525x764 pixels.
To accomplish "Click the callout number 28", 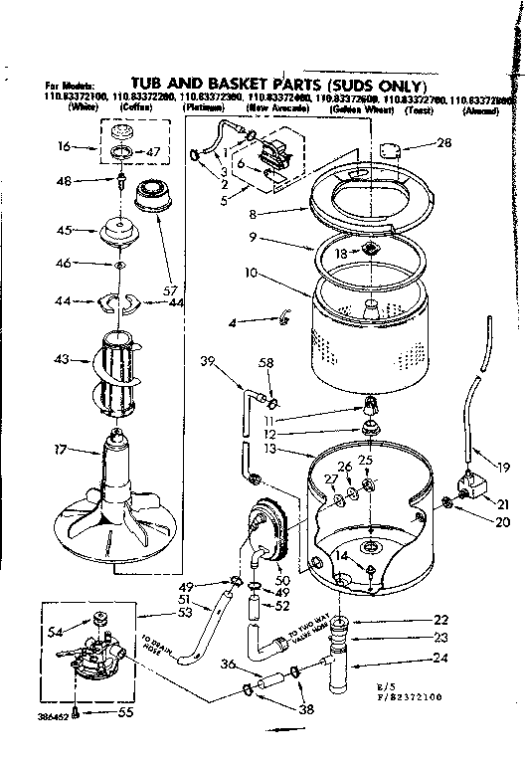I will tap(443, 143).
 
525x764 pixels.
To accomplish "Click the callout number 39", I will tap(208, 359).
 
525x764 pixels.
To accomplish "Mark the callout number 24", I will tap(411, 657).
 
